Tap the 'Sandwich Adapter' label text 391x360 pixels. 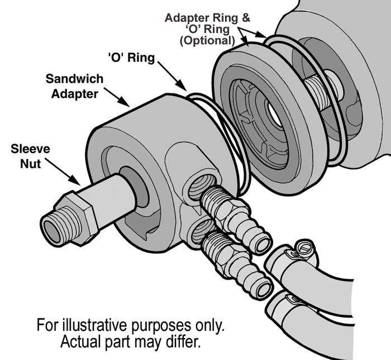tap(70, 87)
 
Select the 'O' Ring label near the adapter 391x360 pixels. tap(132, 58)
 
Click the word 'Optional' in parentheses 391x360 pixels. tap(205, 40)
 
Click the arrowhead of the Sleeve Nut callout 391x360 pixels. tap(79, 181)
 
